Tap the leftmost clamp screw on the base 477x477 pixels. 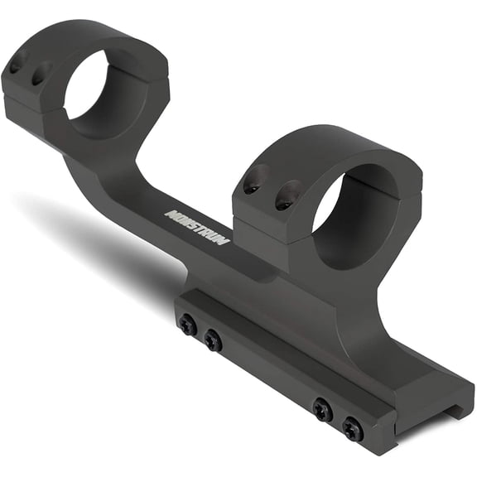pyautogui.click(x=188, y=325)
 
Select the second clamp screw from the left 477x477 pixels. pyautogui.click(x=213, y=340)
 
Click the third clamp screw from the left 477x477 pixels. pyautogui.click(x=322, y=409)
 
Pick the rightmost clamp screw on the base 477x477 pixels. pyautogui.click(x=354, y=429)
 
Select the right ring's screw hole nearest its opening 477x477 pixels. pyautogui.click(x=285, y=195)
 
